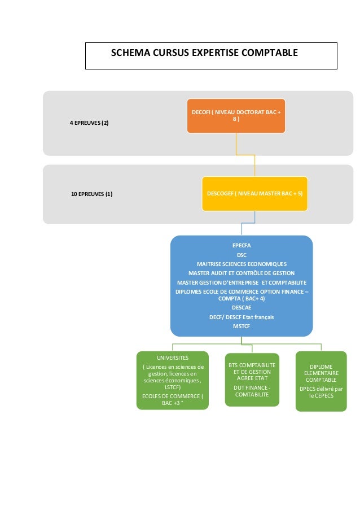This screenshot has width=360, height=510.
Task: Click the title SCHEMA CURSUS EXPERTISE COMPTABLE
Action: (204, 54)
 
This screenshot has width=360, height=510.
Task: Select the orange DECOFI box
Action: (236, 116)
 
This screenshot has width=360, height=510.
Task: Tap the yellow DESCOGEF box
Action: (254, 194)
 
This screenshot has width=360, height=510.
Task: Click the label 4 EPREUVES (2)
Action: (89, 123)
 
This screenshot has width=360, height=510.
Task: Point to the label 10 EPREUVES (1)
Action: (91, 194)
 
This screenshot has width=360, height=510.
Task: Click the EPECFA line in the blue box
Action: (242, 246)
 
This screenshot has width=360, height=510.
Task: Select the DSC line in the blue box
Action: (242, 255)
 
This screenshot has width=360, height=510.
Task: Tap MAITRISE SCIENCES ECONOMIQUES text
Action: (242, 264)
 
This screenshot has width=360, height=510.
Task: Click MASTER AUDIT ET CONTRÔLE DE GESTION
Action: (242, 273)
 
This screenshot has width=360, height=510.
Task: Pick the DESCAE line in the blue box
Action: (242, 308)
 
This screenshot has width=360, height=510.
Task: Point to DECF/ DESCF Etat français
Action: (242, 317)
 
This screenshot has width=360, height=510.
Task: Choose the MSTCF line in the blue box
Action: (242, 326)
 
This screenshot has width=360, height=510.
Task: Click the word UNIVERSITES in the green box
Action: (173, 358)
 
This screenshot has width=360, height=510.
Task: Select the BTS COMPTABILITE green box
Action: (252, 380)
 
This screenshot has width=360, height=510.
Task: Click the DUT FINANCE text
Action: (252, 391)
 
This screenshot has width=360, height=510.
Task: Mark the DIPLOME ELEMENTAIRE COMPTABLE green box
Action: (321, 381)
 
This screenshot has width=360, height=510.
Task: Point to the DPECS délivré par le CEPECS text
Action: (321, 392)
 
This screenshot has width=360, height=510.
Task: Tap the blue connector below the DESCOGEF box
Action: (242, 228)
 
